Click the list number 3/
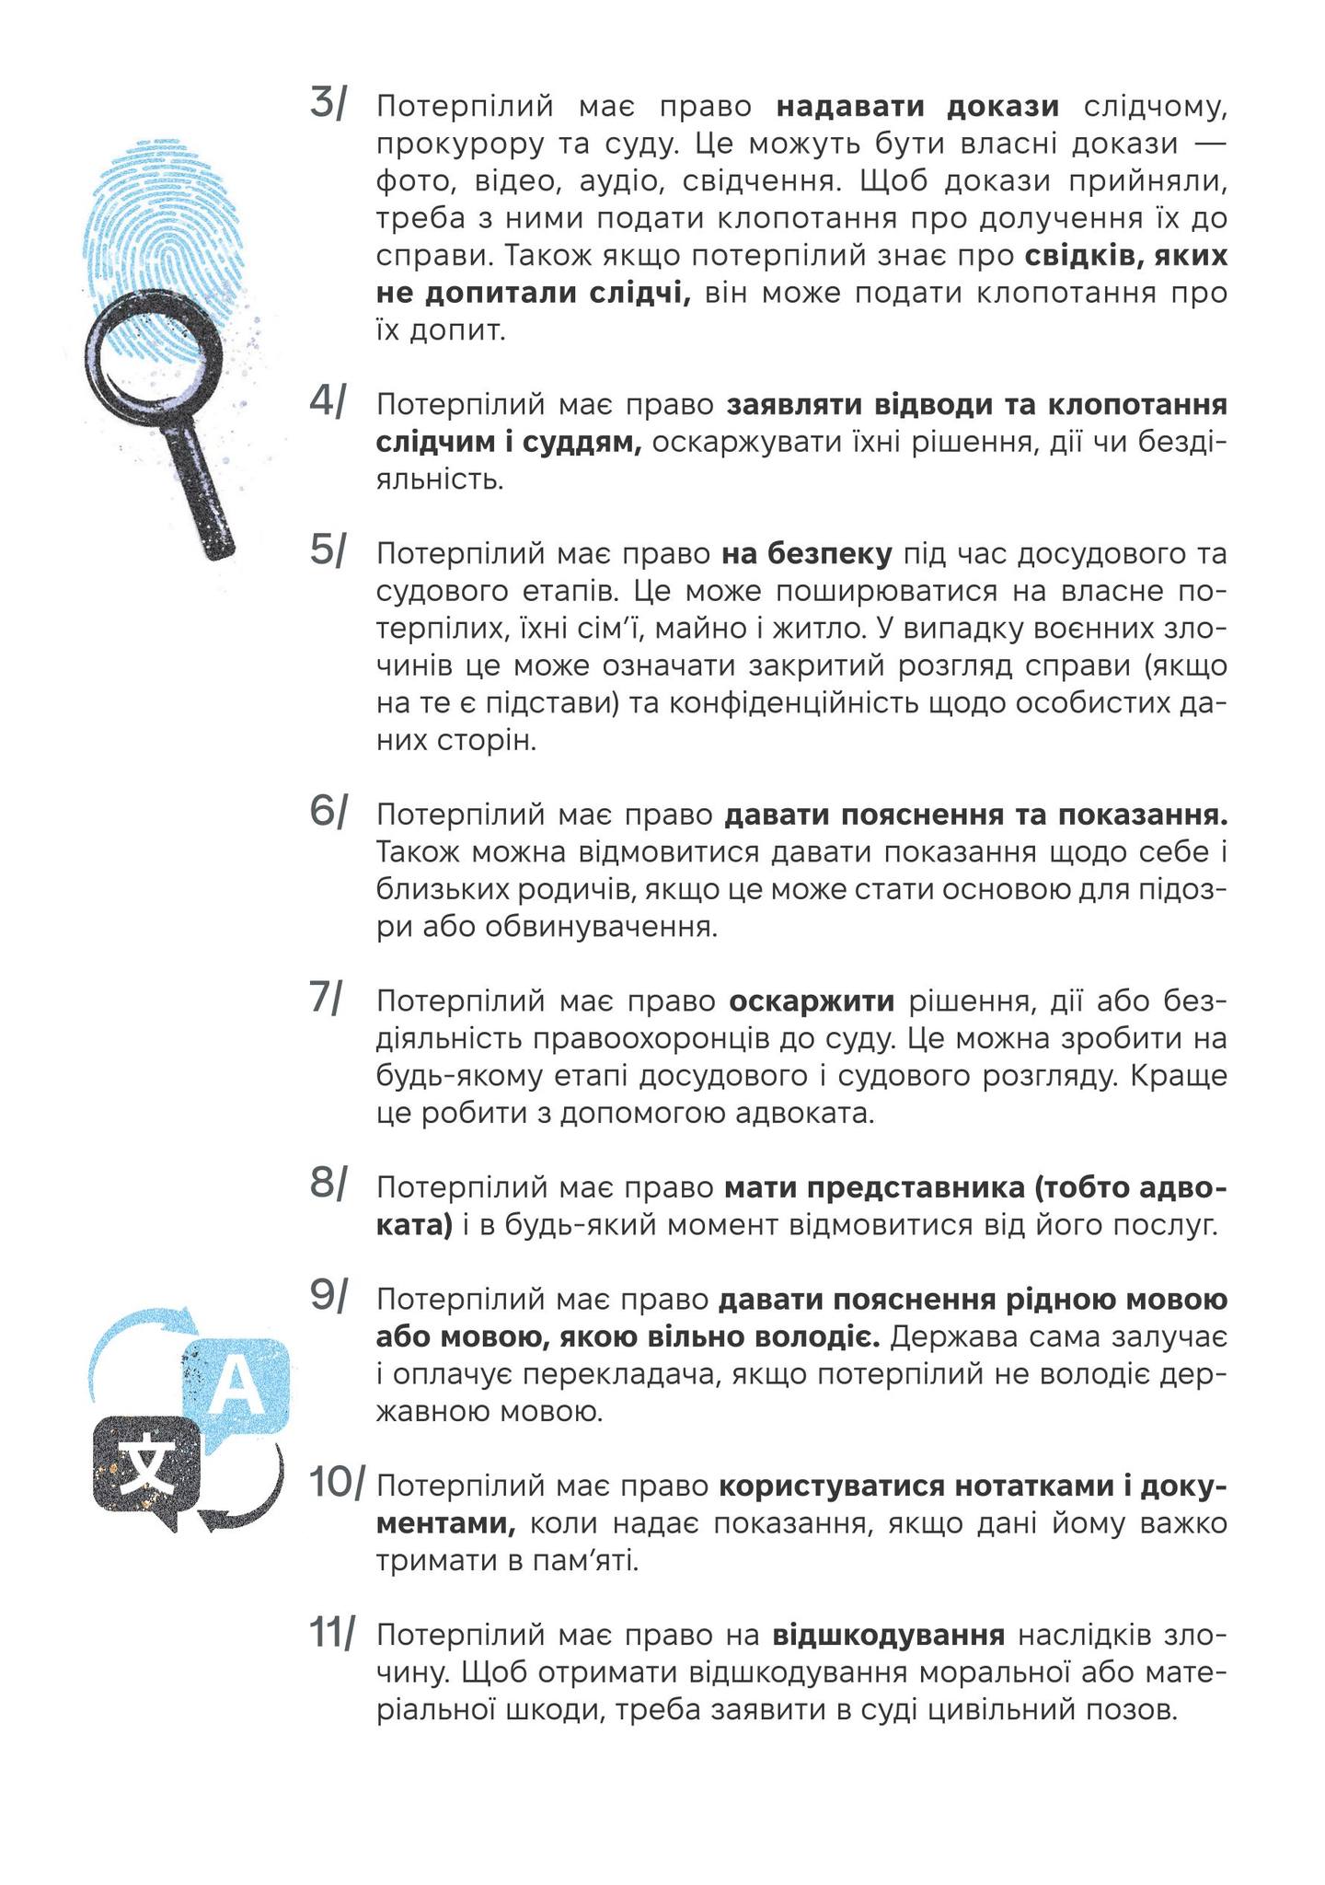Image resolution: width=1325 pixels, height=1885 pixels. [x=329, y=103]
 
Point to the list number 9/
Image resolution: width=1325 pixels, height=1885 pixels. [x=329, y=1296]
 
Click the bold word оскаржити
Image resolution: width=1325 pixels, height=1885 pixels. [x=812, y=1001]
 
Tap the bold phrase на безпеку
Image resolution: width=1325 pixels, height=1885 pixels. [x=807, y=554]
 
